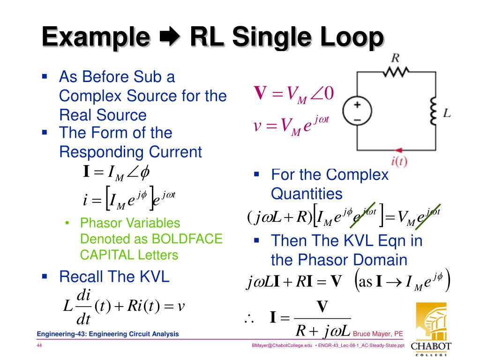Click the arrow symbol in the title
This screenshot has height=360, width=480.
pyautogui.click(x=167, y=37)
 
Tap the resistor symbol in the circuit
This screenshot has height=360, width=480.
pyautogui.click(x=397, y=71)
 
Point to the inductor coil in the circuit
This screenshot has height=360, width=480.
pyautogui.click(x=433, y=113)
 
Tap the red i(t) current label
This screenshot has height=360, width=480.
pyautogui.click(x=399, y=162)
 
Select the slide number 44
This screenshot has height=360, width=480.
pyautogui.click(x=40, y=345)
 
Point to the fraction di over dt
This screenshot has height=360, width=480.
pyautogui.click(x=83, y=307)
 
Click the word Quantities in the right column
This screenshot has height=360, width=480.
pyautogui.click(x=307, y=194)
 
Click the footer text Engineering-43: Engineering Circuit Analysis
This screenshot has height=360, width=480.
pyautogui.click(x=108, y=334)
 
